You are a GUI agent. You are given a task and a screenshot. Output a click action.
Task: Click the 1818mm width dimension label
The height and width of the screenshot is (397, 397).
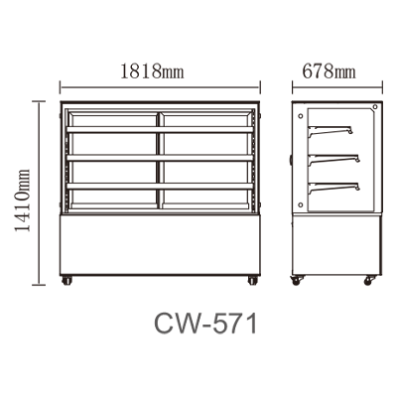(x=152, y=71)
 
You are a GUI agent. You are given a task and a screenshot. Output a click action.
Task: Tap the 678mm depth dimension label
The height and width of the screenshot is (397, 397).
(x=329, y=71)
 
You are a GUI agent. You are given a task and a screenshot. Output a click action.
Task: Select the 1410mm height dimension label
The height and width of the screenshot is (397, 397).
(x=23, y=200)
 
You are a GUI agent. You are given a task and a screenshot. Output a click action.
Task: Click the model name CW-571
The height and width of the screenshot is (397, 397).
(x=205, y=325)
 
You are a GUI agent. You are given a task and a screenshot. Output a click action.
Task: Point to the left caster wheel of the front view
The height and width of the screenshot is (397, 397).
(x=66, y=281)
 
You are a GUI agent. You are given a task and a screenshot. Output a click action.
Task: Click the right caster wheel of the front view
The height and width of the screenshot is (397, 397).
(x=253, y=281)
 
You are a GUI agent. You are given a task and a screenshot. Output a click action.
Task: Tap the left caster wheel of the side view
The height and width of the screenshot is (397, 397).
(x=296, y=281)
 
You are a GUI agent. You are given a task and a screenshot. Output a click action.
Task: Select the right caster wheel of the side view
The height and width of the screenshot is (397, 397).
(x=369, y=281)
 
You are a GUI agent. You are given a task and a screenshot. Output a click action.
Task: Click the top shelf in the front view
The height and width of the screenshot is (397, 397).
(x=160, y=130)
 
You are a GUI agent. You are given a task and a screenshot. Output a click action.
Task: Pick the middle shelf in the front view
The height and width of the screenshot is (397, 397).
(x=160, y=158)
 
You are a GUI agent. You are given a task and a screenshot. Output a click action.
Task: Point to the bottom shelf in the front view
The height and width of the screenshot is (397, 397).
(x=160, y=187)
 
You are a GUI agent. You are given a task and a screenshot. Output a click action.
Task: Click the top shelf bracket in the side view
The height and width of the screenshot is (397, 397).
(x=331, y=130)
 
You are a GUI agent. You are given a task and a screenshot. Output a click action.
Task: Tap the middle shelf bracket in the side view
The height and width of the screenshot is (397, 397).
(x=333, y=159)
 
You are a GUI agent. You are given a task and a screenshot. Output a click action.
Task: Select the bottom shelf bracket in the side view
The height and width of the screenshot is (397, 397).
(x=333, y=188)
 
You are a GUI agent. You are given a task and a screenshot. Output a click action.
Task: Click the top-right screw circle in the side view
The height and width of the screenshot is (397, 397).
(x=375, y=106)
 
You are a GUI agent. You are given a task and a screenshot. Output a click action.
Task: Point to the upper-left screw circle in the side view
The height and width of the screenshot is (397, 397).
(x=301, y=116)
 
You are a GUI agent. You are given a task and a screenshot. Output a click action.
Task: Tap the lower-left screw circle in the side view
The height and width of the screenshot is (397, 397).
(x=301, y=204)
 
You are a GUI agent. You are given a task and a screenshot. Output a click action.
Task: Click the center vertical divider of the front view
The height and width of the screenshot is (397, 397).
(x=160, y=161)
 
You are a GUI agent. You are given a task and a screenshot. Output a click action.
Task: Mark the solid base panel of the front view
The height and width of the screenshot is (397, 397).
(x=160, y=245)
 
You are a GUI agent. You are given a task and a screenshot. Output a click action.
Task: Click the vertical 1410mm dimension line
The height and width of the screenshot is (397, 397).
(x=40, y=193)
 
